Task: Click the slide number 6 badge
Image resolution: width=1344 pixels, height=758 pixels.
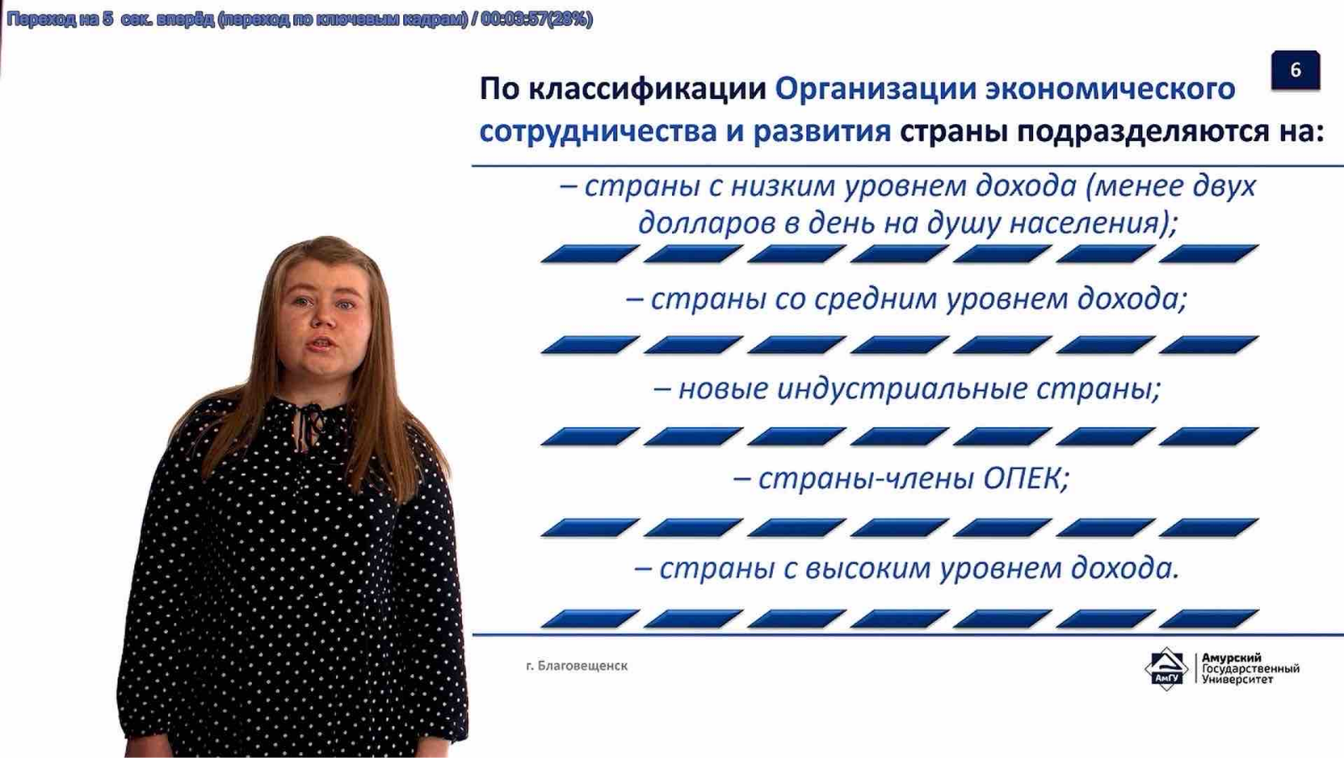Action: pyautogui.click(x=1295, y=71)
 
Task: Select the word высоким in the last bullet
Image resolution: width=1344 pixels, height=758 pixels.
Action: pyautogui.click(x=868, y=569)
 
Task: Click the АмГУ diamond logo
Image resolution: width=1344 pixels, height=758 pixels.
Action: pyautogui.click(x=1166, y=669)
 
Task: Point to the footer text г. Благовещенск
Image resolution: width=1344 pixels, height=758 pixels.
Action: pyautogui.click(x=576, y=666)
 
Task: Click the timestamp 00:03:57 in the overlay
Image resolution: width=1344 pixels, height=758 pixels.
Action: pyautogui.click(x=513, y=19)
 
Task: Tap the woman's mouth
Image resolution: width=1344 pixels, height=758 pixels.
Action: pyautogui.click(x=323, y=343)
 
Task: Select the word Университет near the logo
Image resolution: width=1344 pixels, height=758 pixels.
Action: pyautogui.click(x=1237, y=680)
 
